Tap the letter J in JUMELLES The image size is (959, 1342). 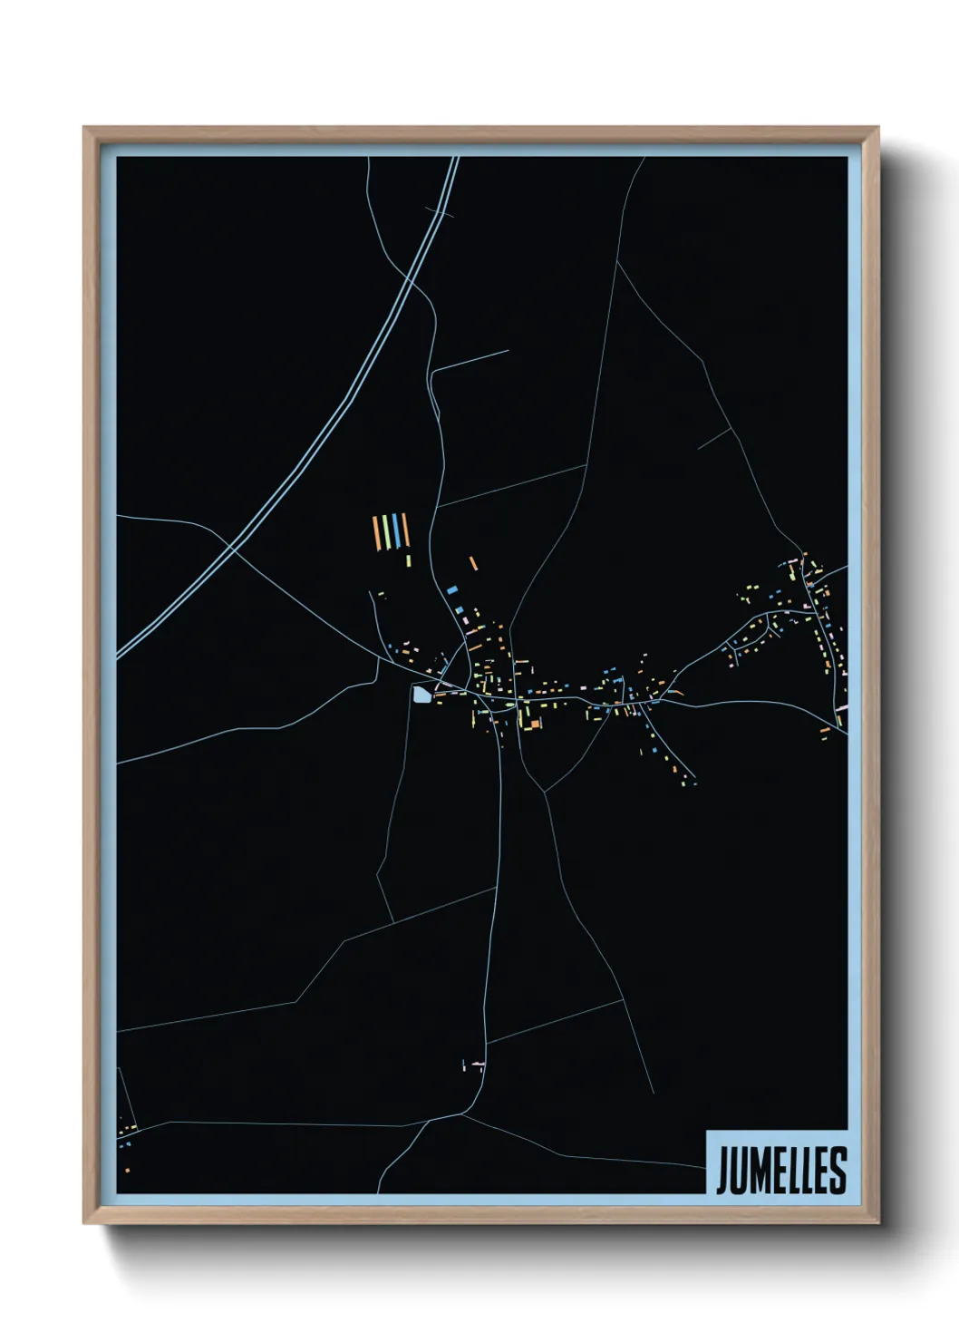[x=722, y=1171]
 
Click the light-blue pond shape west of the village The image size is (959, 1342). [x=421, y=695]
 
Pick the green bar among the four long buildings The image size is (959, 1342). [x=386, y=531]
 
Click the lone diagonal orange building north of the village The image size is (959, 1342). [x=472, y=563]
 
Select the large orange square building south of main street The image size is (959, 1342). [x=535, y=724]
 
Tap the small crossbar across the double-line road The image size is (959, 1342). [x=440, y=213]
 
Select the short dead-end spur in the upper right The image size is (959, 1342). [x=714, y=439]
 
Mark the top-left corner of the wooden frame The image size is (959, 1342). [x=85, y=129]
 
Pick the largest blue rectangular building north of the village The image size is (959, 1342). [x=451, y=589]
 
